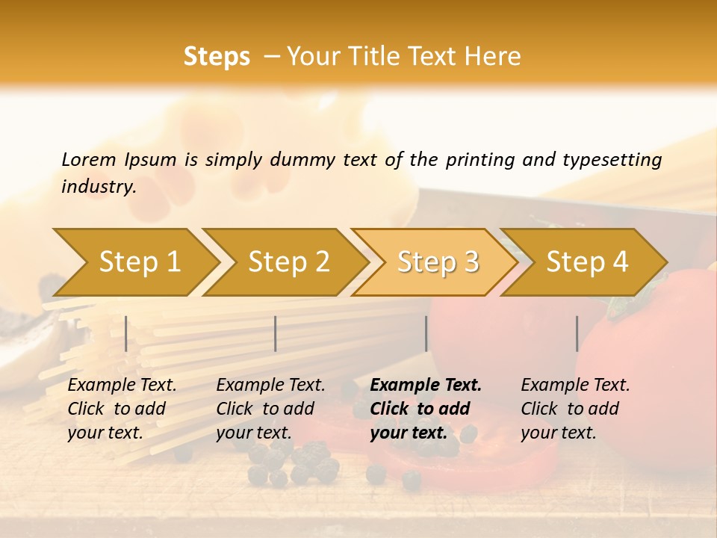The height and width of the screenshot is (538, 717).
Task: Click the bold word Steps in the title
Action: [x=217, y=57]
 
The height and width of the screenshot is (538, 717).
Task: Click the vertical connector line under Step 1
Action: [x=126, y=333]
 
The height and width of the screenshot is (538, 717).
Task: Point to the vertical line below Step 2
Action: [x=276, y=333]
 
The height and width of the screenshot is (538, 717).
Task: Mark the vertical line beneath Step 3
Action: [x=426, y=333]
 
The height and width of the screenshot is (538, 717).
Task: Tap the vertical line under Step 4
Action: [x=577, y=333]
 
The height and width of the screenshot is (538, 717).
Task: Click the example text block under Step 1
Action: [x=122, y=409]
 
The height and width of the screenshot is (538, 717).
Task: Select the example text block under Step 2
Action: [x=270, y=409]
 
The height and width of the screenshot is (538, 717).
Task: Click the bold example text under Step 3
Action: [x=425, y=409]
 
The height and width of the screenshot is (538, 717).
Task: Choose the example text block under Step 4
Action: [x=575, y=409]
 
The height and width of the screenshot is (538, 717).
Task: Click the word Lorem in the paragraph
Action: [x=88, y=160]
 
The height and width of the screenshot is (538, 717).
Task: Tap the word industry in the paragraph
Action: [x=99, y=187]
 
